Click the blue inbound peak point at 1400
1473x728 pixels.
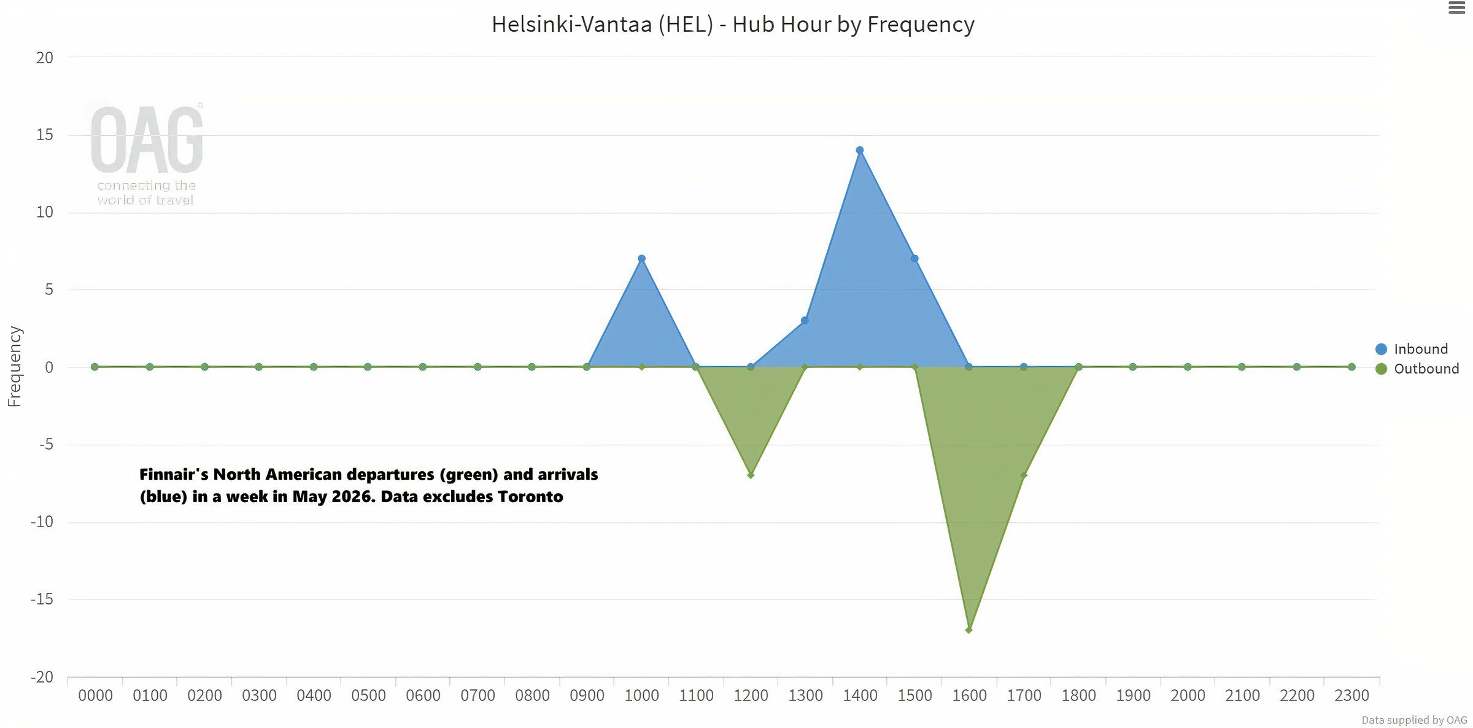[x=860, y=151]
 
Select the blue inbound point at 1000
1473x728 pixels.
[x=641, y=259]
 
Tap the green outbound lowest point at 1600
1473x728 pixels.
[x=969, y=630]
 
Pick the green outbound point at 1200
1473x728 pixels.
[x=751, y=475]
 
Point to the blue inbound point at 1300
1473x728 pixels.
[x=805, y=321]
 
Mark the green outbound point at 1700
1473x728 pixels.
[x=1024, y=475]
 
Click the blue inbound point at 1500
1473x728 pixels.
[x=914, y=259]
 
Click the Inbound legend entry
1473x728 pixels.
[x=1420, y=349]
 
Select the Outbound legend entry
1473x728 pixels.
[x=1425, y=369]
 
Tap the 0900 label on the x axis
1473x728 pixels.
[x=587, y=695]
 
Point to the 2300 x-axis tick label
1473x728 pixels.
[x=1351, y=695]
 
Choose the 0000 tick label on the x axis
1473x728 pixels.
[x=95, y=695]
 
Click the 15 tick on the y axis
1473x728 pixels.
[x=45, y=135]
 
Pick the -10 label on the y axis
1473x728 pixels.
[x=42, y=522]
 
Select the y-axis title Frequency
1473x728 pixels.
[x=15, y=366]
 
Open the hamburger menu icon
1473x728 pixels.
[x=1457, y=9]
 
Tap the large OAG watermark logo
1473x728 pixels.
[x=147, y=140]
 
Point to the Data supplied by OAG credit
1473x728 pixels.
[x=1414, y=720]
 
